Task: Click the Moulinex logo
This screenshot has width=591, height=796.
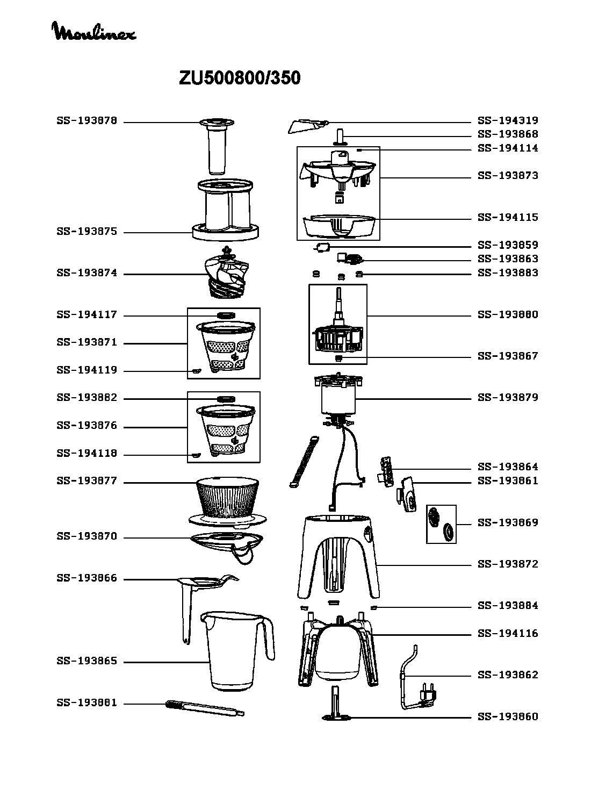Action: coord(94,31)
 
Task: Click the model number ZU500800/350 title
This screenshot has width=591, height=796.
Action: coord(239,78)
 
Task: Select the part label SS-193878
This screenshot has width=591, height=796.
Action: coord(87,120)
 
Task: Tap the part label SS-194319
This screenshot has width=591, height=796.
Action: coord(508,120)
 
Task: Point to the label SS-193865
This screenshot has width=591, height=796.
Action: coord(87,661)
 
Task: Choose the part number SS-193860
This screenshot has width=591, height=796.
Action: coord(508,716)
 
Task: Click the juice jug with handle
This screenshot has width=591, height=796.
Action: coord(237,651)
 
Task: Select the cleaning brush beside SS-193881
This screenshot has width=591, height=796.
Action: coord(205,708)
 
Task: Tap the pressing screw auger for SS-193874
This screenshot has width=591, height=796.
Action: coord(227,272)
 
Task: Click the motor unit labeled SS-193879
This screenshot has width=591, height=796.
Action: coord(338,399)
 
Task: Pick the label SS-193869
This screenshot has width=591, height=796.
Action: coord(508,522)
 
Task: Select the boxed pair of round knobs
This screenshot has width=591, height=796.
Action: coord(441,525)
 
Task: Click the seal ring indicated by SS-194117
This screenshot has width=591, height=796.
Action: coord(226,315)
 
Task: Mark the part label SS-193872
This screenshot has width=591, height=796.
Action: coord(508,564)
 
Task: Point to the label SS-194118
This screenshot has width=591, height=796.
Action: coord(87,453)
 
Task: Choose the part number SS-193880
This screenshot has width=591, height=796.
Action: coord(508,315)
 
